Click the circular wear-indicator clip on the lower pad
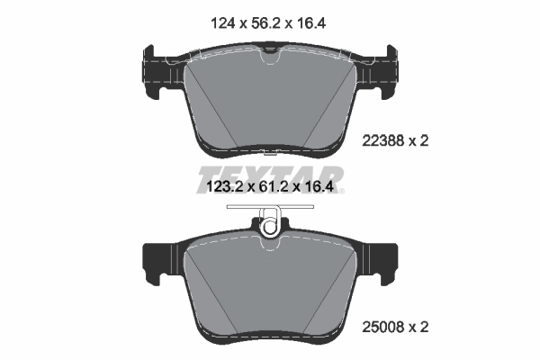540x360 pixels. [269, 225]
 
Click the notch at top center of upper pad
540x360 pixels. [270, 58]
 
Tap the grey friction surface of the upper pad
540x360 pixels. [270, 103]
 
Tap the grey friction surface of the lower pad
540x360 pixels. [270, 288]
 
